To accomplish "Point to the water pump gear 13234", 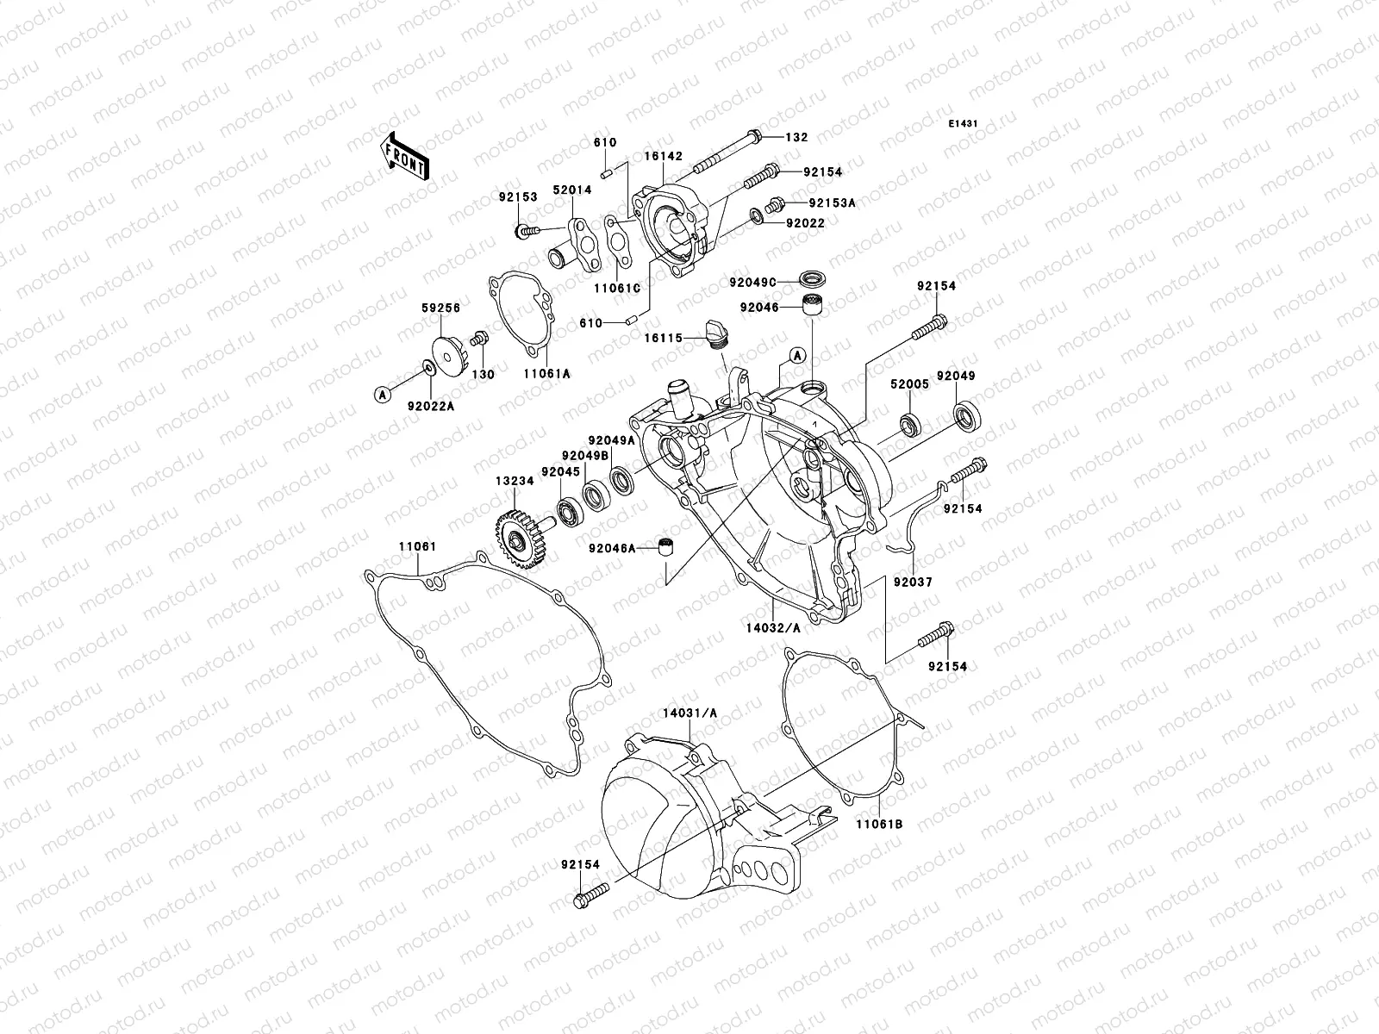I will point(518,539).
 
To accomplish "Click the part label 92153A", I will point(831,203).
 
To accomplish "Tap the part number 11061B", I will point(879,823).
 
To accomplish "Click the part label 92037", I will point(912,582).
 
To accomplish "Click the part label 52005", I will point(910,384).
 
